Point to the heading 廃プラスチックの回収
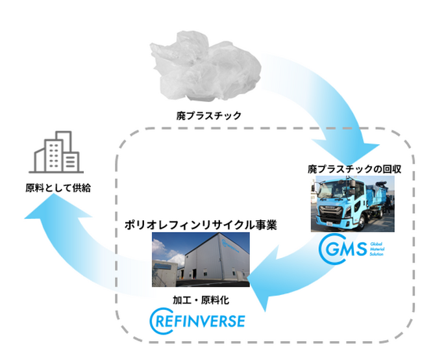[355, 169]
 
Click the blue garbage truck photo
[354, 204]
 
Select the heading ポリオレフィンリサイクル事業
[201, 226]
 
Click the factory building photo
[201, 259]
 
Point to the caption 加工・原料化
[201, 300]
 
